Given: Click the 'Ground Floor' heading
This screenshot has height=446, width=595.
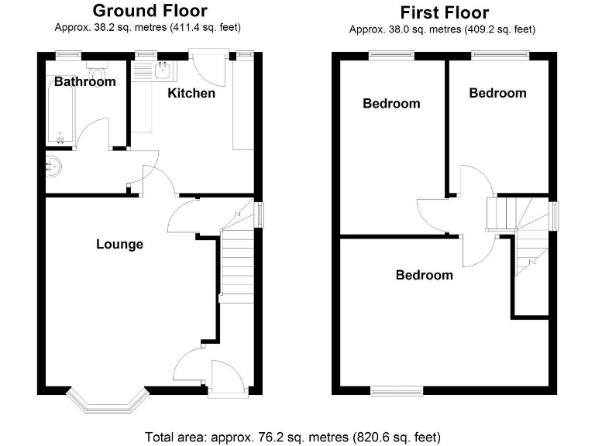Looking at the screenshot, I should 150,11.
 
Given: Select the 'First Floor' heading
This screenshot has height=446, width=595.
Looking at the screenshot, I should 444,12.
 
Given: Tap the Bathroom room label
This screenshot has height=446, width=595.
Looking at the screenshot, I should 84,81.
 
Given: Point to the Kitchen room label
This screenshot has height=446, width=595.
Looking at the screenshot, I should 191,93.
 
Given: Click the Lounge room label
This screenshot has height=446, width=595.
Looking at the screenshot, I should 119,244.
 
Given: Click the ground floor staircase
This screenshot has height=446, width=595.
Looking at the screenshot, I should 238,263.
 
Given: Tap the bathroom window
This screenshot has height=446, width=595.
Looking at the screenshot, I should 67,54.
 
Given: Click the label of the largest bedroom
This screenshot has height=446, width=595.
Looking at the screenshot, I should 424,275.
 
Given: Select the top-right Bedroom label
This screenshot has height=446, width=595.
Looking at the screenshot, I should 497,93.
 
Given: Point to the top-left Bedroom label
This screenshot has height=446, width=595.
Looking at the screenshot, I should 391,103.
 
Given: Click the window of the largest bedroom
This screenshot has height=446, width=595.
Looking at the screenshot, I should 397,392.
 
